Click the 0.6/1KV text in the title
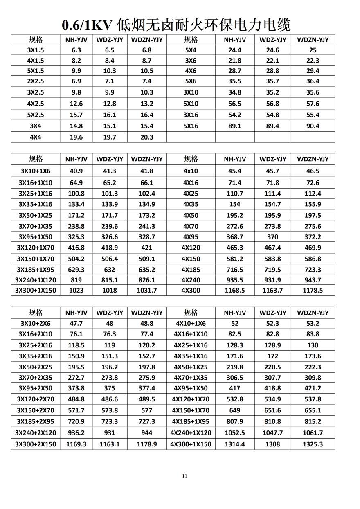[87, 25]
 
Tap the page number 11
[184, 476]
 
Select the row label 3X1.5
[36, 50]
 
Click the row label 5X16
[191, 126]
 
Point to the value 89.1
[235, 126]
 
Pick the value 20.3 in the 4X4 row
[147, 137]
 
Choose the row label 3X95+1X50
[36, 237]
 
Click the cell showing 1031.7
[147, 290]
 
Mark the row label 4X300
[191, 290]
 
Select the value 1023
[76, 290]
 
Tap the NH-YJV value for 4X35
[235, 204]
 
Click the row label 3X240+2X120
[36, 433]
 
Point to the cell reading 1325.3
[313, 444]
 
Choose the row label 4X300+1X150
[191, 444]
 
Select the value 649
[235, 410]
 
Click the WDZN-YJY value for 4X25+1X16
[313, 345]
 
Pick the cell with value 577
[147, 410]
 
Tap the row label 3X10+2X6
[36, 323]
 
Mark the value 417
[235, 388]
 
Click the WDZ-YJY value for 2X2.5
[110, 81]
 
